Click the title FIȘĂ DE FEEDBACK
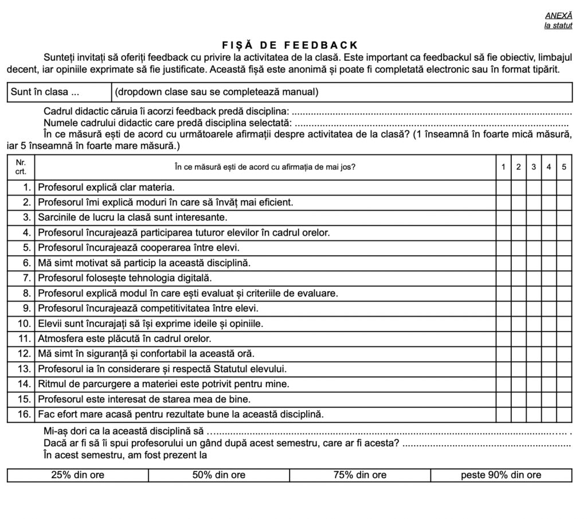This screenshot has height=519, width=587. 289,45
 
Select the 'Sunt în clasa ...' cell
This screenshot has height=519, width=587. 59,92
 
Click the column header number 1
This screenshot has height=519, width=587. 503,167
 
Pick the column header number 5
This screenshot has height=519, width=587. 564,167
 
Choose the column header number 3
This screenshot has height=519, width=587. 534,167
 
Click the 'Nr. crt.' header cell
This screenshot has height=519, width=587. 21,167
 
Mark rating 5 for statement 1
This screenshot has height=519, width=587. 564,187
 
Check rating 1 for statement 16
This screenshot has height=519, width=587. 503,413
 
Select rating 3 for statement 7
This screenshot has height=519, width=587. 534,278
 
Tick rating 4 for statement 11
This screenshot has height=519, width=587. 549,338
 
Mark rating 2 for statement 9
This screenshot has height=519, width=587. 518,309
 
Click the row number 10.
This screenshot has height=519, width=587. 24,323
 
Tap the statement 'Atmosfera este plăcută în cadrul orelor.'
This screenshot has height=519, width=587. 124,338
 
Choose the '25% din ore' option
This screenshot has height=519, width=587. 78,475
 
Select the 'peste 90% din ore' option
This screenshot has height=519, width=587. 501,475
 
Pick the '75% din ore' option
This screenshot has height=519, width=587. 360,475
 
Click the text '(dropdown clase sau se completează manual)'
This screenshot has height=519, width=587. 217,92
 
